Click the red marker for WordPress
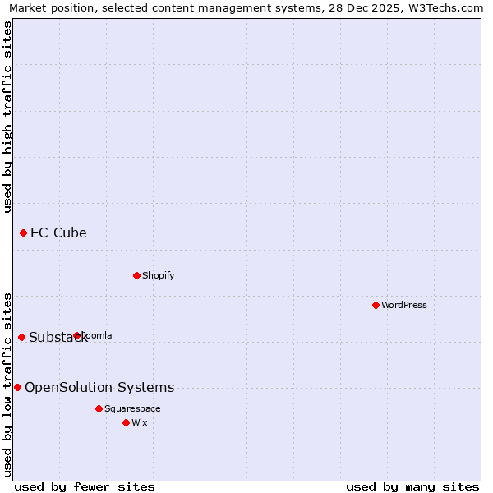[x=376, y=305]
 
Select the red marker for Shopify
[x=136, y=275]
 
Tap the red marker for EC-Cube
[x=23, y=233]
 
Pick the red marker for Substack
[x=21, y=337]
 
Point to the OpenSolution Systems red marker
[x=17, y=387]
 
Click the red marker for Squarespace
[x=99, y=408]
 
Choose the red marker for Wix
[x=126, y=422]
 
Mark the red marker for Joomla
[x=77, y=335]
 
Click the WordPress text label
[x=404, y=305]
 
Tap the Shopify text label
[x=158, y=275]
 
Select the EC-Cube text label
[x=58, y=233]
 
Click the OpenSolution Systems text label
[x=99, y=388]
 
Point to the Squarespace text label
[x=132, y=408]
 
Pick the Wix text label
[x=139, y=422]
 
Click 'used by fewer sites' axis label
[x=85, y=486]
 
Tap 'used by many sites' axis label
[x=412, y=486]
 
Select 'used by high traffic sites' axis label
[x=7, y=116]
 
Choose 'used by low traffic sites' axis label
[x=7, y=384]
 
